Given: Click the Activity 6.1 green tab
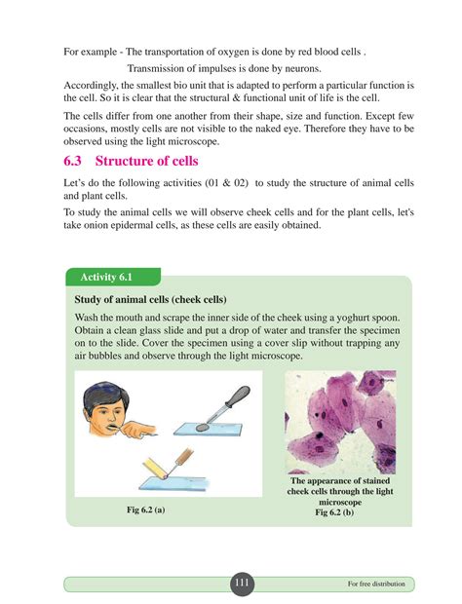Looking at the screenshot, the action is (x=113, y=277).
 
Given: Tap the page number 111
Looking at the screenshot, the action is (x=242, y=582).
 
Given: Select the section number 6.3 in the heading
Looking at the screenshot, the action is (x=72, y=161).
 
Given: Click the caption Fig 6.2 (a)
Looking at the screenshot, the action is (x=145, y=510).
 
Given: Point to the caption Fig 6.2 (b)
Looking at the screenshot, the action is (x=334, y=512).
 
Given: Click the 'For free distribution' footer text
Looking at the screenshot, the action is (x=376, y=584).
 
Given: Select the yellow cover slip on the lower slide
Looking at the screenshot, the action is (x=154, y=468).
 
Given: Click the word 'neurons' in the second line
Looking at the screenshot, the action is (x=302, y=68).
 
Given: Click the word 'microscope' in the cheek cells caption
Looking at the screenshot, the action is (x=340, y=502).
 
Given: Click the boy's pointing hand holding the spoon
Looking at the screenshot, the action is (x=139, y=430).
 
